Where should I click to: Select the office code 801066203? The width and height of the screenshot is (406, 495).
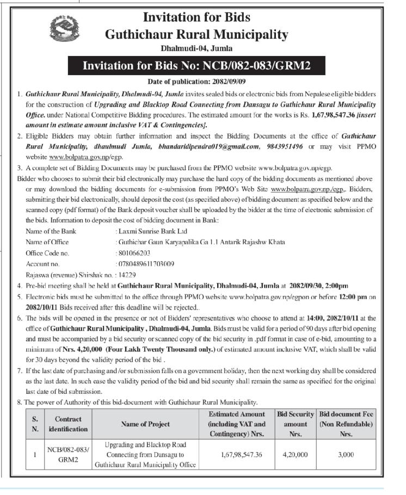click(134, 253)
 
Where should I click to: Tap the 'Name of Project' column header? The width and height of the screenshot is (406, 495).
click(145, 424)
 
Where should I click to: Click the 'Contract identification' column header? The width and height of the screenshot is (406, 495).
click(68, 424)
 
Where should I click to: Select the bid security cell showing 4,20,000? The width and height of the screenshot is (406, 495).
click(296, 454)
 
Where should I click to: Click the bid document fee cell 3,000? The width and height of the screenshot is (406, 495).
click(346, 454)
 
